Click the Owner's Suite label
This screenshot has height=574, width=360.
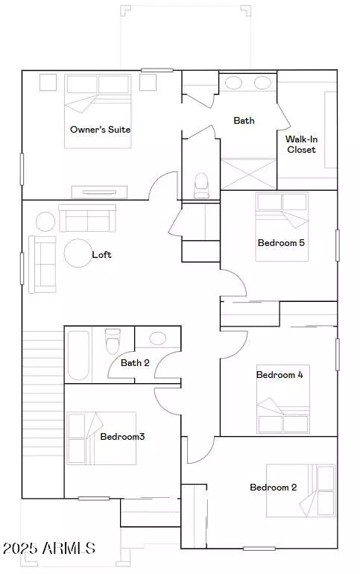[100, 129]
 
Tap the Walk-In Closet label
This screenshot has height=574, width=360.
[301, 144]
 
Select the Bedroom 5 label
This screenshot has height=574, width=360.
[281, 243]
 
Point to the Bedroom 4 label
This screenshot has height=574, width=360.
[280, 375]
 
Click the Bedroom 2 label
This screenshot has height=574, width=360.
[274, 488]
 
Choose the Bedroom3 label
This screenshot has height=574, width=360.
[122, 436]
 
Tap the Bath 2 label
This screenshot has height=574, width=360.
[135, 363]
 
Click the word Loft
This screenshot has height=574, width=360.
[101, 255]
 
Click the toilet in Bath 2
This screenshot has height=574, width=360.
[113, 341]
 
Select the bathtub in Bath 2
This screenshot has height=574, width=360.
[78, 356]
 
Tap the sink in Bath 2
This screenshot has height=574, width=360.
[158, 338]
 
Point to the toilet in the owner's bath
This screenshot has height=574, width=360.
[200, 185]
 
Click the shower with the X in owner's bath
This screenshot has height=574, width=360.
[248, 174]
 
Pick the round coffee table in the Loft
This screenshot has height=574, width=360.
[78, 253]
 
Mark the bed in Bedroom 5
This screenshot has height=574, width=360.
[282, 227]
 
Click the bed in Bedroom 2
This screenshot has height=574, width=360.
[300, 491]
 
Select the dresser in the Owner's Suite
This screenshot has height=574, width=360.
[100, 192]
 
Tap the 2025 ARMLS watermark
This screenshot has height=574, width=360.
[49, 548]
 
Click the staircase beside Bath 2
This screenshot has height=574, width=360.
[43, 414]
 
